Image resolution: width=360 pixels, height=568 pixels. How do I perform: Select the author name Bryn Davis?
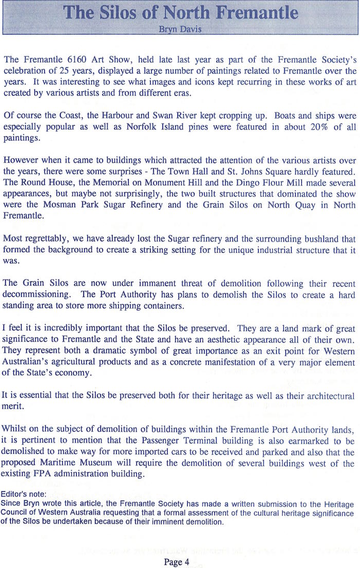pos(180,29)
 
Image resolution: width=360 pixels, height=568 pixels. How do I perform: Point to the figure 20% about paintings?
pos(307,127)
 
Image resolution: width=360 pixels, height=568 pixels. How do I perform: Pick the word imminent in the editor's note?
pos(169,521)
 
